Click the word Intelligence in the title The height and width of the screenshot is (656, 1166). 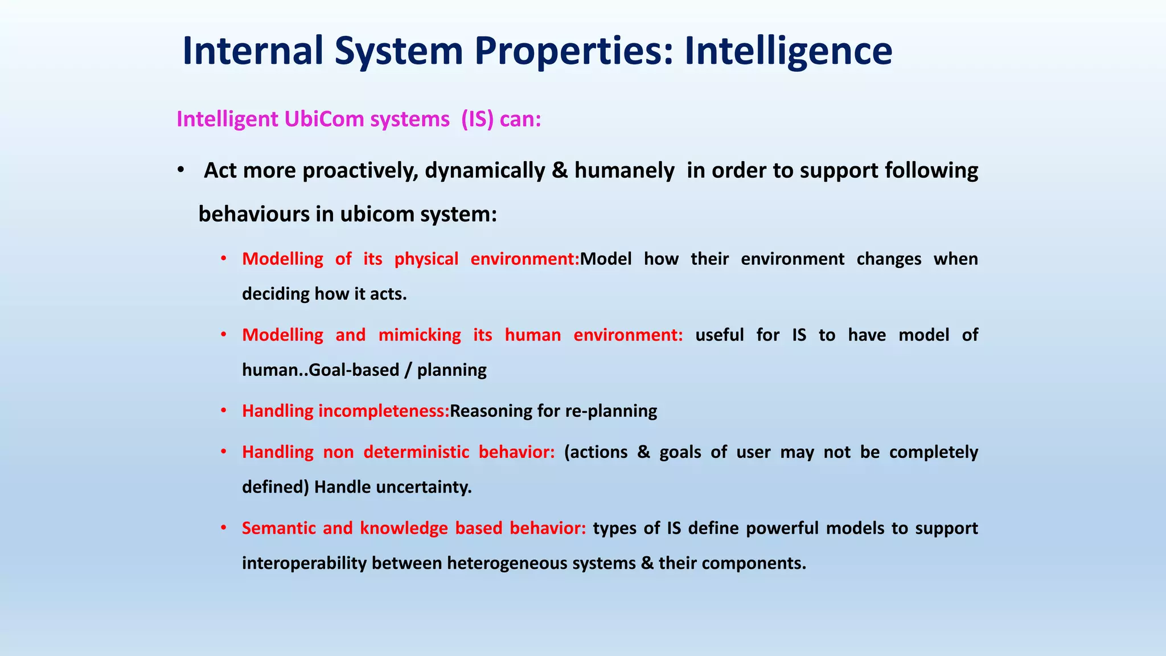(x=788, y=51)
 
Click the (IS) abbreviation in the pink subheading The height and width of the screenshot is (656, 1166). (x=477, y=119)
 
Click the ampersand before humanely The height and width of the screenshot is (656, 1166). (x=560, y=170)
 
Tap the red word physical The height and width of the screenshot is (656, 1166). (x=426, y=259)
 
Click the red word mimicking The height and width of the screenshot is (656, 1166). (x=420, y=335)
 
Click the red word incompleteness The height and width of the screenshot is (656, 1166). (x=384, y=411)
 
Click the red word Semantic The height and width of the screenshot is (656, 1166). (x=278, y=528)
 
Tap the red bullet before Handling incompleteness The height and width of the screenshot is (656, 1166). (x=224, y=410)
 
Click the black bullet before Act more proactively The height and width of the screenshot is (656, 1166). (x=180, y=170)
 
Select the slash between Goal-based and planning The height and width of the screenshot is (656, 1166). (x=408, y=370)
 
